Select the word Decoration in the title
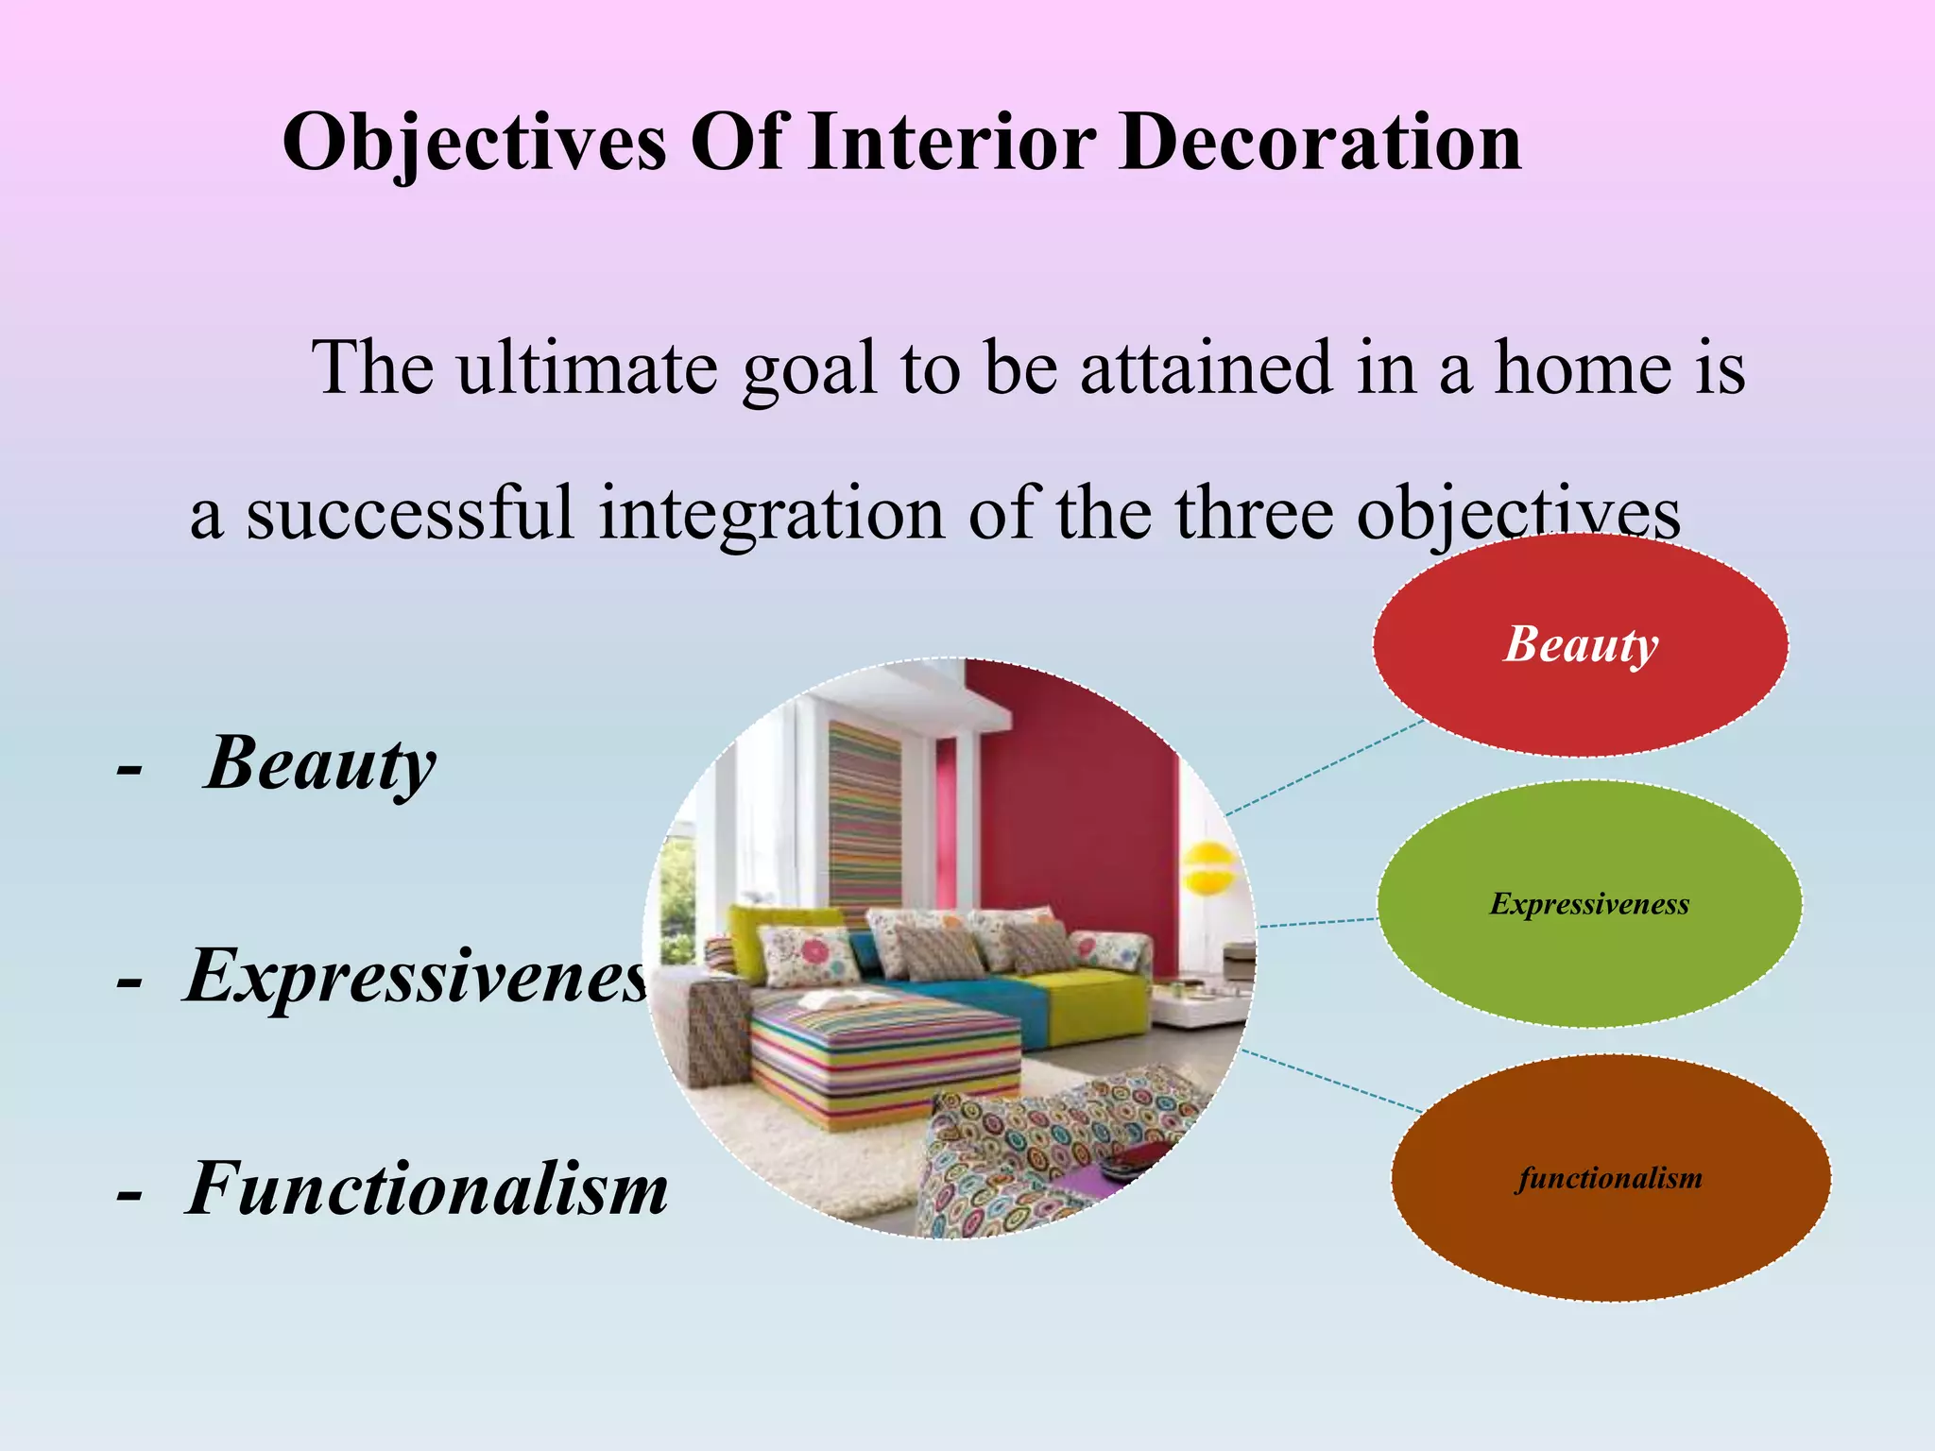point(1320,144)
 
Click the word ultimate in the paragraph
point(587,368)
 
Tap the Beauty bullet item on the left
point(319,763)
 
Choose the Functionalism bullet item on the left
point(426,1188)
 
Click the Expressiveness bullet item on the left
point(416,976)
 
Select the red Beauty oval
point(1580,645)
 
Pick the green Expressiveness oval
point(1589,904)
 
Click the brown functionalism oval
point(1610,1178)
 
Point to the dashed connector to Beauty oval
point(1323,767)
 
